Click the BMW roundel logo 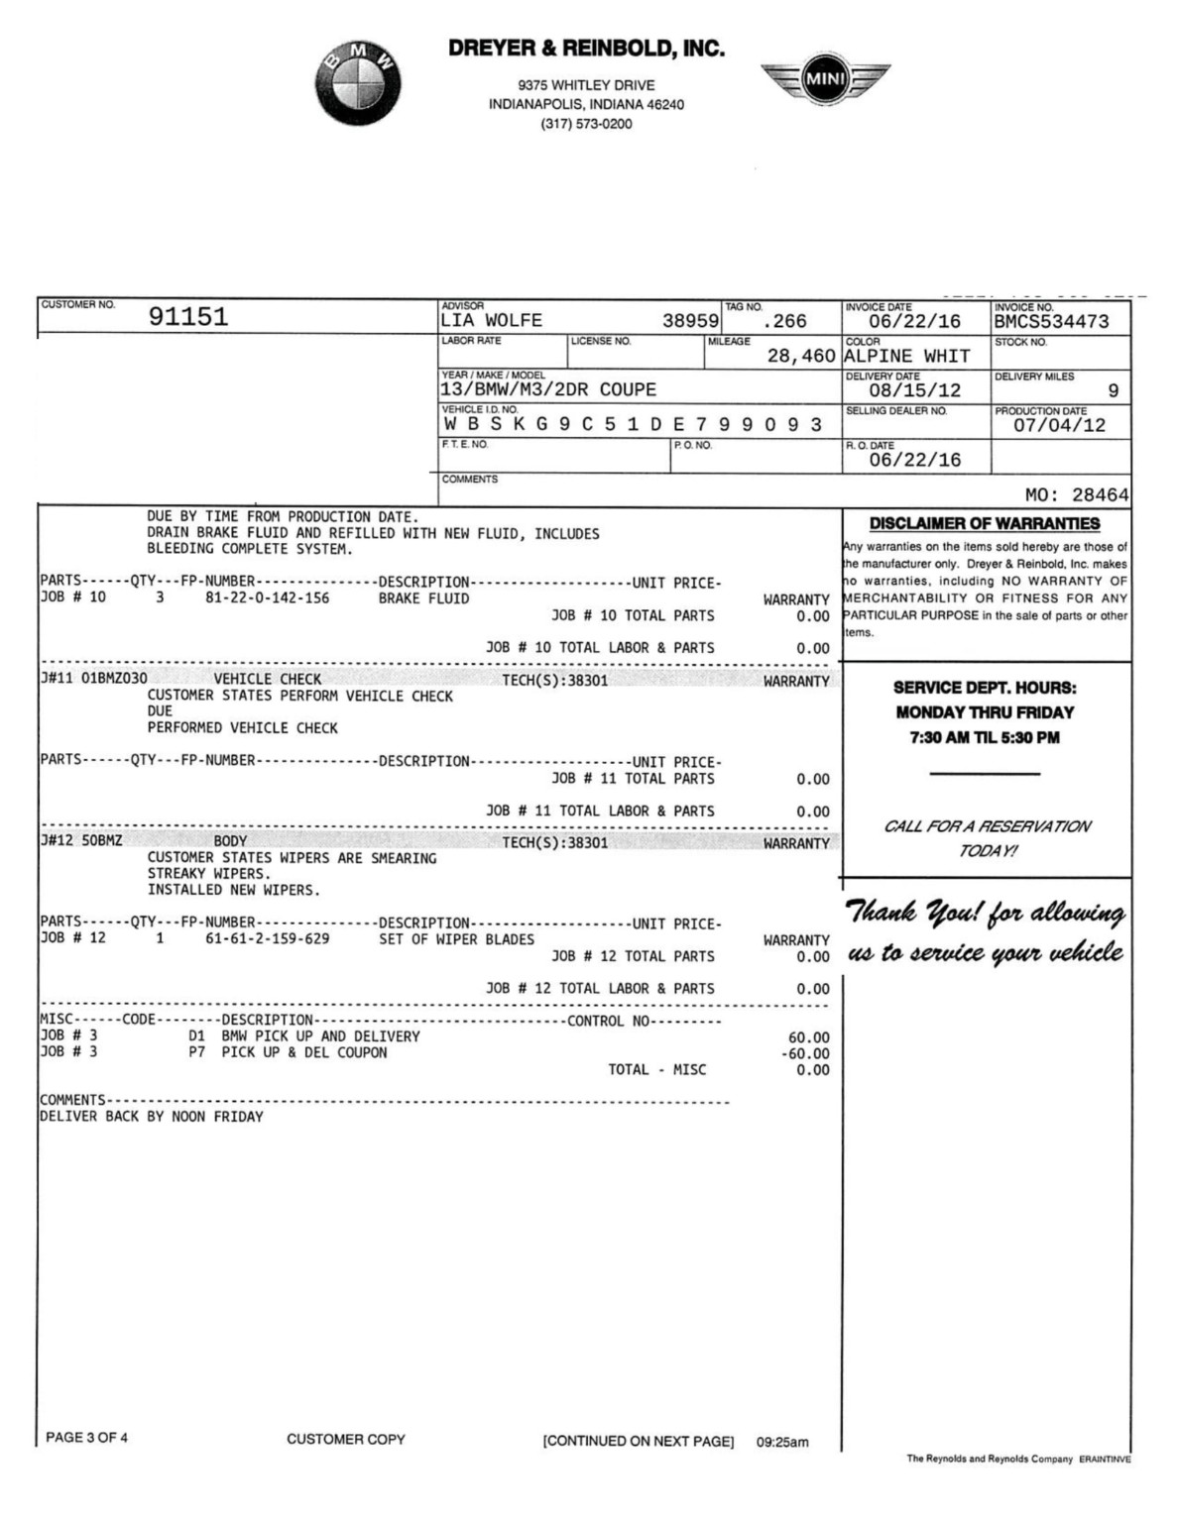tap(359, 83)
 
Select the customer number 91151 tap(188, 317)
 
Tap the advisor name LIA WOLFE tap(492, 321)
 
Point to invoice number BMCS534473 tap(1051, 321)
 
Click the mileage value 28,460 tap(801, 356)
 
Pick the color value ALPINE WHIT tap(906, 356)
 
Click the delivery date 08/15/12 tap(914, 390)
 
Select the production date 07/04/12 tap(1059, 425)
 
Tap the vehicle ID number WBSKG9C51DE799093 tap(633, 424)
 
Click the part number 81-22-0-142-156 tap(268, 598)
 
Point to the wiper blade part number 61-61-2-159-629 tap(268, 939)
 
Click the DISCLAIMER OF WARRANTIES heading tap(985, 524)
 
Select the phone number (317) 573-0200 tap(586, 124)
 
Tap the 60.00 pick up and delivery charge tap(809, 1037)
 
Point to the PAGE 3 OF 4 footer tap(87, 1438)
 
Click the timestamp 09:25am tap(782, 1443)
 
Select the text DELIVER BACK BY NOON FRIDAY tap(152, 1117)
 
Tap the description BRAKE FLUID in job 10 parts tap(423, 598)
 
